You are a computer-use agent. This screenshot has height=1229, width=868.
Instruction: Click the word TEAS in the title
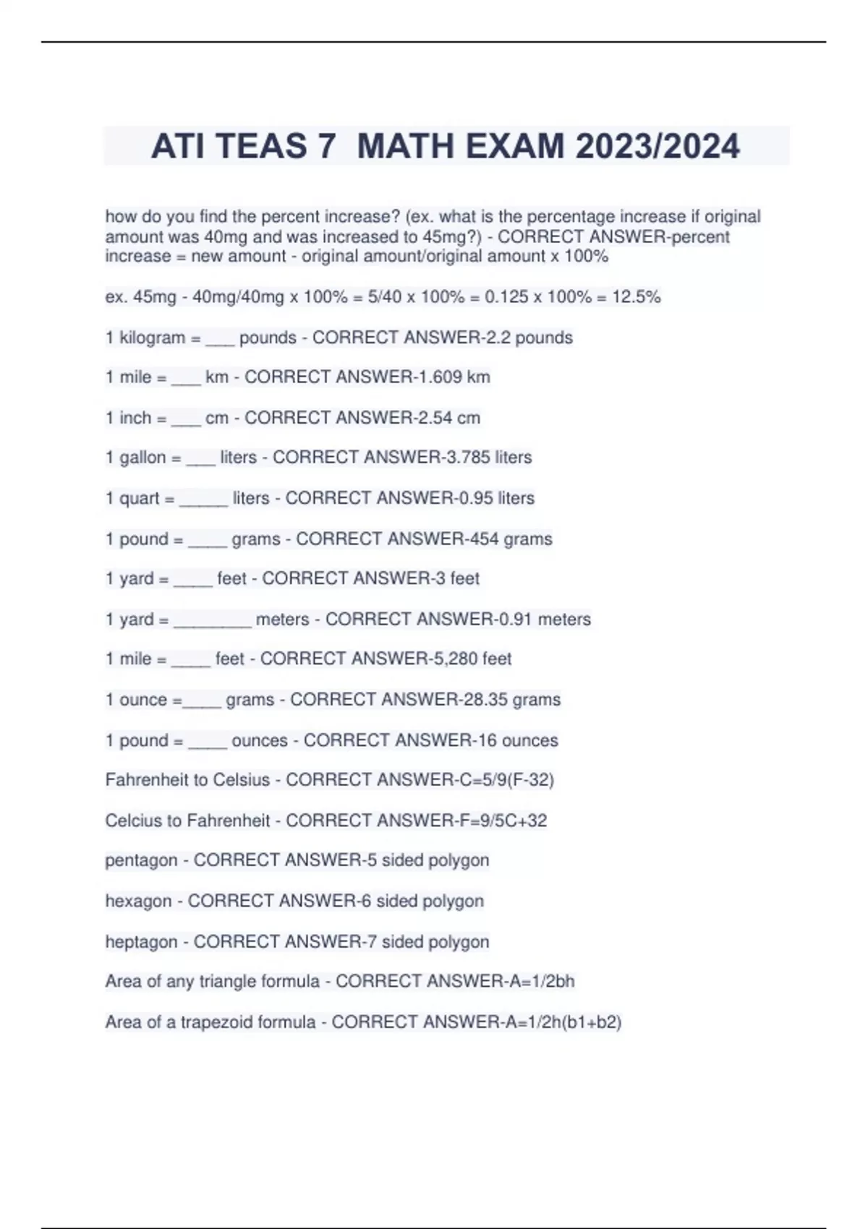click(x=262, y=147)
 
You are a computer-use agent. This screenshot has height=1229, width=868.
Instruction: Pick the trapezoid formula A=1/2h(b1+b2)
click(x=561, y=1022)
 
